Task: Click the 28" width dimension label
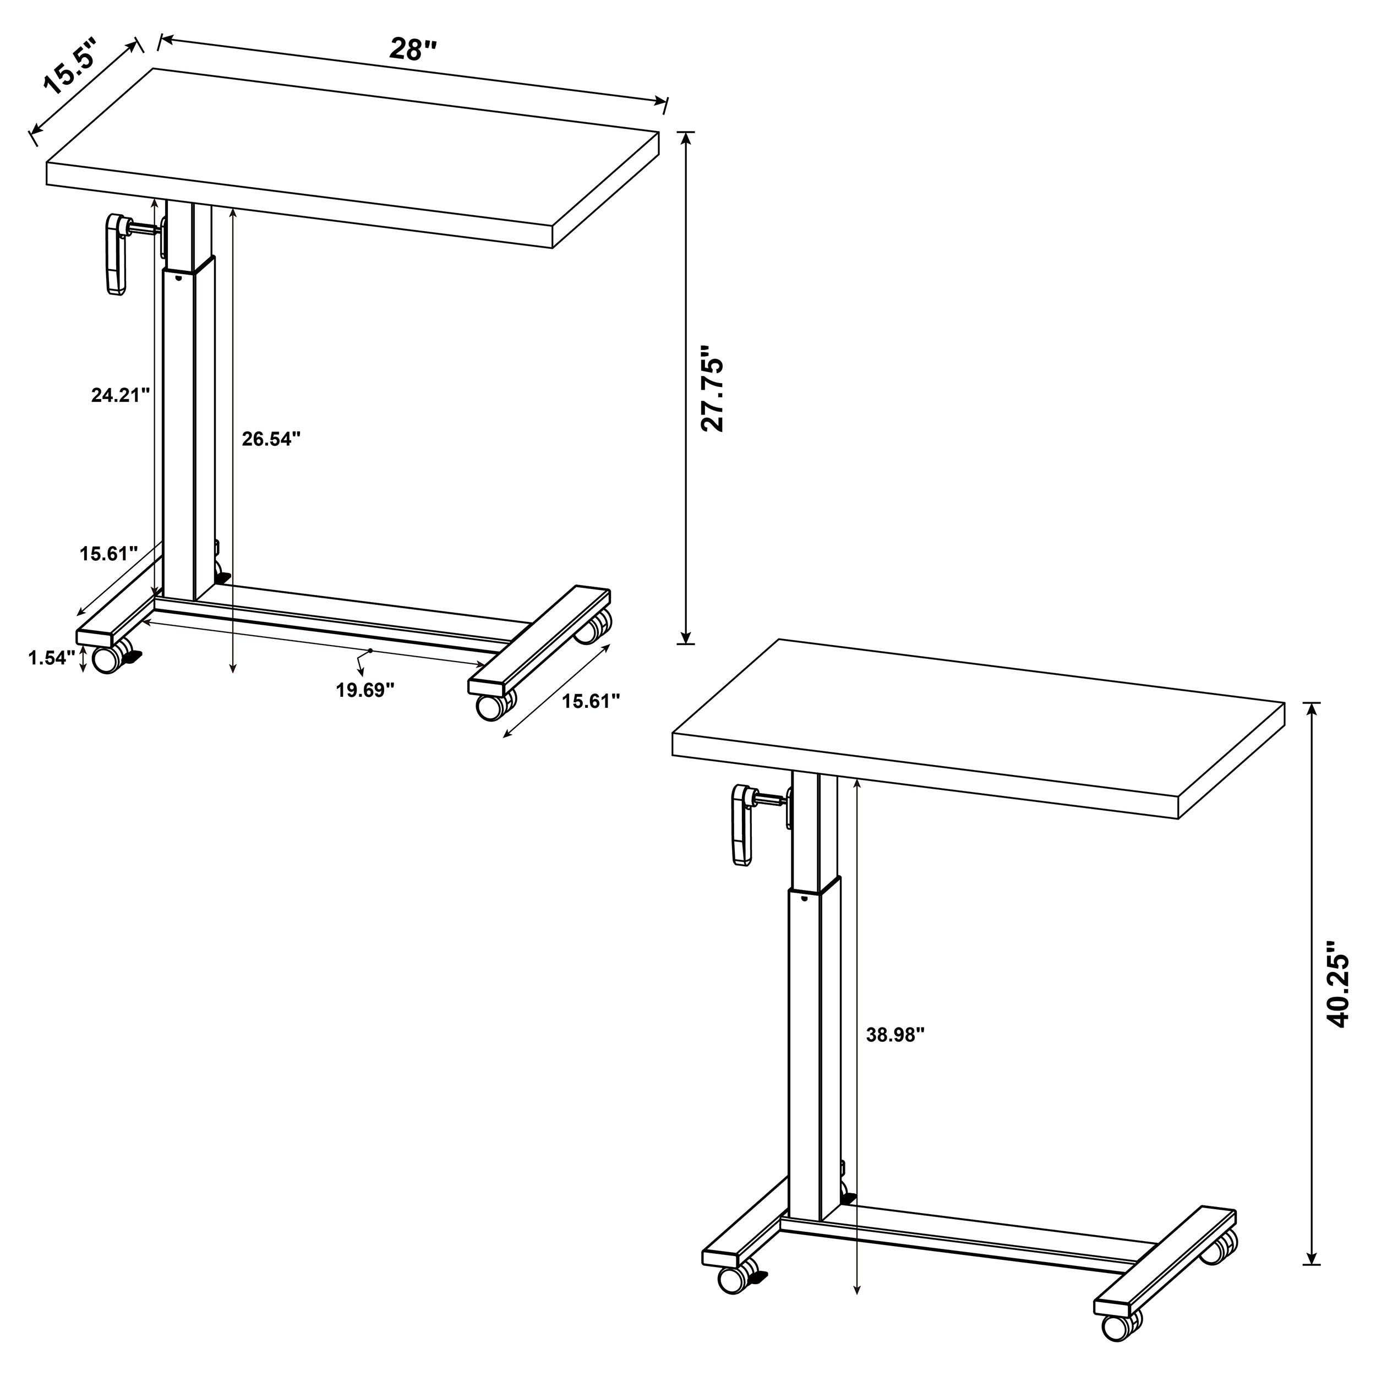pos(412,49)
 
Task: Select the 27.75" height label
pos(712,389)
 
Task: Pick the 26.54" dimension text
pos(271,439)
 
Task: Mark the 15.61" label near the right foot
pos(591,702)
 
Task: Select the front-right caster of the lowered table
pos(490,707)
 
